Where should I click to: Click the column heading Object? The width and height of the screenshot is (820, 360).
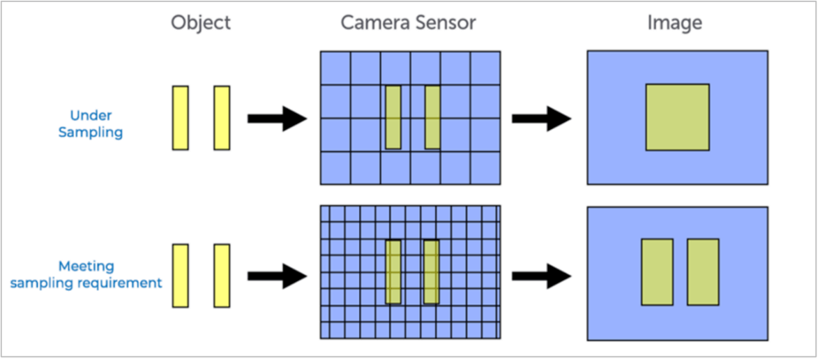click(x=201, y=23)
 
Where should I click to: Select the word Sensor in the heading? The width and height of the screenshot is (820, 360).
click(x=446, y=23)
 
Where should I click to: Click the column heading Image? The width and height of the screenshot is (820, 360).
click(x=674, y=23)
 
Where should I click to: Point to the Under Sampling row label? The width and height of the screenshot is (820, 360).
click(x=91, y=123)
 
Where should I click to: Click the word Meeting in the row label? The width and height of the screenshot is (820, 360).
click(x=86, y=266)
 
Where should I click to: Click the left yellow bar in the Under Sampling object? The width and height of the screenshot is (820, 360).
click(x=181, y=117)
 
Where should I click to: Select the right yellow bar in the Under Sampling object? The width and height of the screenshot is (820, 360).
click(x=222, y=117)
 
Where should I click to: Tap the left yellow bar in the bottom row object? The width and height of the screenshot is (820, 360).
click(x=181, y=276)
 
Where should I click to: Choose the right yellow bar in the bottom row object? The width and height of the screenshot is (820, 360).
click(x=222, y=276)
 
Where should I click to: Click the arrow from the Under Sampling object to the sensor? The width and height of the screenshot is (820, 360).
click(x=277, y=118)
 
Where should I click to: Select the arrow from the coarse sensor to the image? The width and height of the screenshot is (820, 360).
click(x=541, y=118)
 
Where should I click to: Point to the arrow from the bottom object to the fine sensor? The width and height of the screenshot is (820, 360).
click(x=277, y=276)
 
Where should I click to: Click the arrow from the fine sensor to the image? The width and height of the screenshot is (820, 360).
click(x=541, y=276)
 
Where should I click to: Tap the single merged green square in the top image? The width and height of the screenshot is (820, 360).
click(x=677, y=117)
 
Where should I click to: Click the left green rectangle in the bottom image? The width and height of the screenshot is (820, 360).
click(x=657, y=272)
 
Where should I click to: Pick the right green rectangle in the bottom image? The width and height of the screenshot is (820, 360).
click(x=703, y=272)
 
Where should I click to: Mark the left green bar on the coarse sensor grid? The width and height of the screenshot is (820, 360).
click(x=393, y=117)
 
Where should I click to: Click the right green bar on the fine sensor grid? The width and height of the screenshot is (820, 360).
click(x=432, y=272)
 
